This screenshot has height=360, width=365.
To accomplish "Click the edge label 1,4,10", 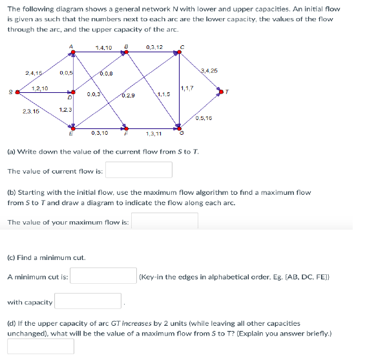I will (x=103, y=48).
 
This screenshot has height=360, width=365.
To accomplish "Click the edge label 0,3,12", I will (x=154, y=47).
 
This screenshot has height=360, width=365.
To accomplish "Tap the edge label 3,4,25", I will (x=209, y=70).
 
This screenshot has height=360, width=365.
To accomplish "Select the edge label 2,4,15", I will (x=34, y=73).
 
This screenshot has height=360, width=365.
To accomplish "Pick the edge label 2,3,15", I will (x=30, y=111).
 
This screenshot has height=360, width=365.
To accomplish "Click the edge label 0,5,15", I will (x=203, y=118).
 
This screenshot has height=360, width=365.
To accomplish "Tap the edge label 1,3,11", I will (x=154, y=134).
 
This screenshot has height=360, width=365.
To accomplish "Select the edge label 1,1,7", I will (x=187, y=88).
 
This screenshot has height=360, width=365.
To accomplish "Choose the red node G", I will (x=180, y=127).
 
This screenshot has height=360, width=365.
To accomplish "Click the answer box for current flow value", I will (x=139, y=170).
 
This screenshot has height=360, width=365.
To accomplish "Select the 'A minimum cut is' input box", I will (x=103, y=276).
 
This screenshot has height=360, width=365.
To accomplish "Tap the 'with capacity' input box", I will (x=89, y=301).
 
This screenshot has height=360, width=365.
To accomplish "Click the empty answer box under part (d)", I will (x=41, y=346).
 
